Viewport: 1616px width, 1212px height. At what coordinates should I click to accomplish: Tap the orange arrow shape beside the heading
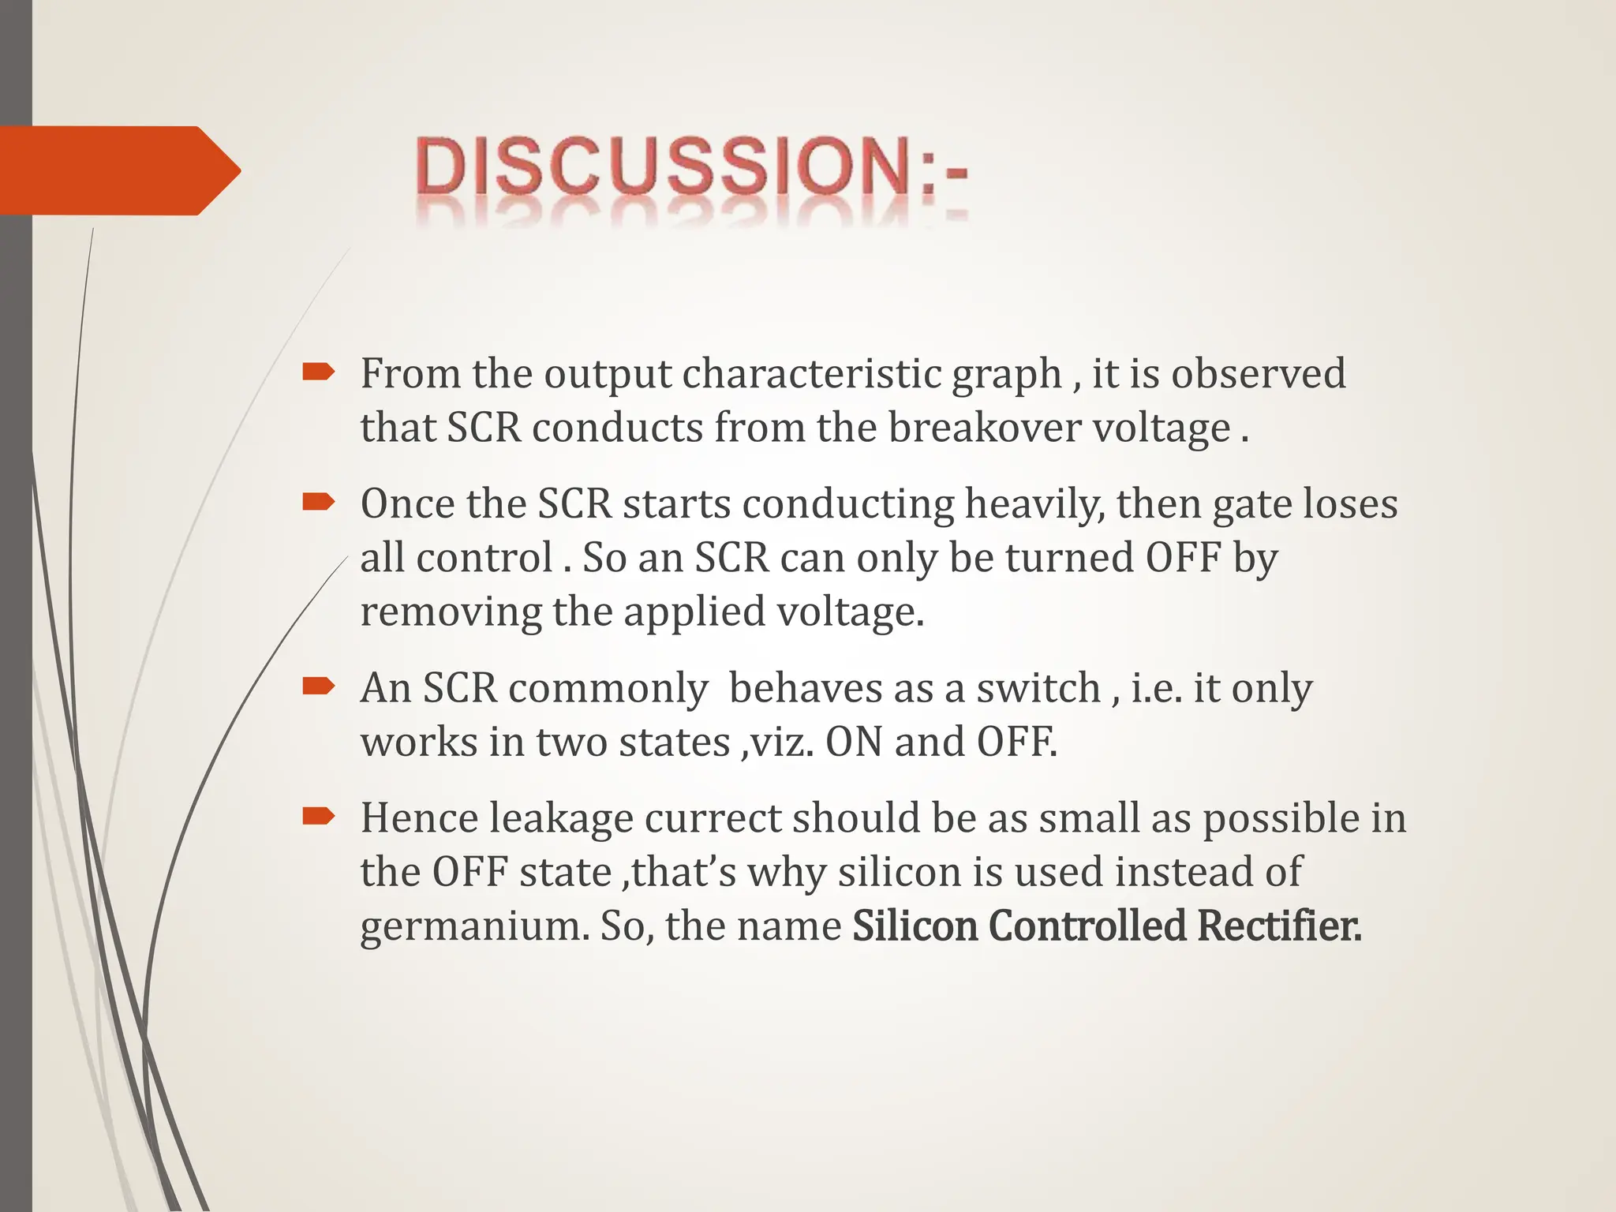click(118, 170)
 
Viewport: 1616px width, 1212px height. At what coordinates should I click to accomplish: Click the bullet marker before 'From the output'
click(319, 372)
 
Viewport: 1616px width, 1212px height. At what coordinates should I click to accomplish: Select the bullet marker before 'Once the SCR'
click(319, 502)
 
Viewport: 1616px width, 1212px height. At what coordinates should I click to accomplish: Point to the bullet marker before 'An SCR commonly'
click(319, 686)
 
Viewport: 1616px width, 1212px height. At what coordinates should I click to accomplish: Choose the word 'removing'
click(451, 612)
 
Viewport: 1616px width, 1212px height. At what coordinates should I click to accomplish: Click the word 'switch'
click(1038, 688)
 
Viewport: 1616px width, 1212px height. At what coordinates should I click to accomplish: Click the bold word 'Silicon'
click(915, 926)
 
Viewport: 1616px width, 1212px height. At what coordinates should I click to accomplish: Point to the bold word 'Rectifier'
click(1277, 926)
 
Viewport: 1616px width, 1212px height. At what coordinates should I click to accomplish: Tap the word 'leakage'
click(561, 818)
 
